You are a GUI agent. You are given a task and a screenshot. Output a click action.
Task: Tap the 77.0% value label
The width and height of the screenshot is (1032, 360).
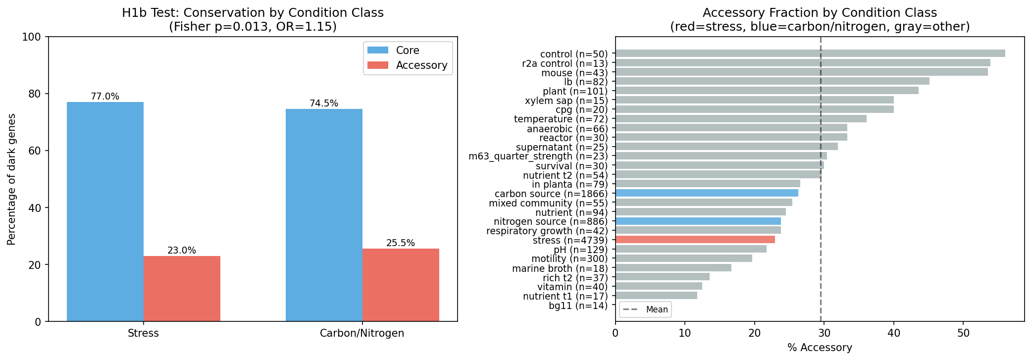click(x=105, y=97)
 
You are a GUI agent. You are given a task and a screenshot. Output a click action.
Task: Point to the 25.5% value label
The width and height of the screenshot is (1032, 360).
click(x=401, y=243)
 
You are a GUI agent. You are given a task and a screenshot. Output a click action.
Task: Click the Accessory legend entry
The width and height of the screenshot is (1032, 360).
click(x=421, y=65)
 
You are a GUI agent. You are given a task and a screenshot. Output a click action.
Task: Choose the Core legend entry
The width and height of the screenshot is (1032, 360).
click(x=407, y=51)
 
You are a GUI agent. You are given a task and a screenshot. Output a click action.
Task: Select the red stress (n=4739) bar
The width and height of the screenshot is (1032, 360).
click(x=695, y=240)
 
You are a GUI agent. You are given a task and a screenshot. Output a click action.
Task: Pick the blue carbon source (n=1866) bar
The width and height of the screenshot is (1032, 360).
click(x=707, y=193)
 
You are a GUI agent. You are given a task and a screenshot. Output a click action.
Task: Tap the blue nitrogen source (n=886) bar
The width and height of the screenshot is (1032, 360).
click(x=698, y=221)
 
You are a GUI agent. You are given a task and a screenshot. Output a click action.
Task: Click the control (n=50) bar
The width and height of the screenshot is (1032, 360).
click(x=810, y=53)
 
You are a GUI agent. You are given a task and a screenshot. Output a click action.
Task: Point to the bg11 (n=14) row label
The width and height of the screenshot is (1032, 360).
click(x=578, y=306)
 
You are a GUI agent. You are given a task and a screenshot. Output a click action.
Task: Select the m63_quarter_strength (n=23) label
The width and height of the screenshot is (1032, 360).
click(x=538, y=156)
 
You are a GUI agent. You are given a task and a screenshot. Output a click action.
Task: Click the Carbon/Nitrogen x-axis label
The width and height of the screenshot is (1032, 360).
click(x=362, y=333)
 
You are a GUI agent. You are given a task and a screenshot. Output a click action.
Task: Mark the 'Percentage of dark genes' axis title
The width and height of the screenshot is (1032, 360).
click(x=12, y=179)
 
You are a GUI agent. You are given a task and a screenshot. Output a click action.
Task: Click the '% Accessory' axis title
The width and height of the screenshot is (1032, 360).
click(x=820, y=348)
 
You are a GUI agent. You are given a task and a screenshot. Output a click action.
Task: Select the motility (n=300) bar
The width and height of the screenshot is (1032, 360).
click(x=683, y=258)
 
